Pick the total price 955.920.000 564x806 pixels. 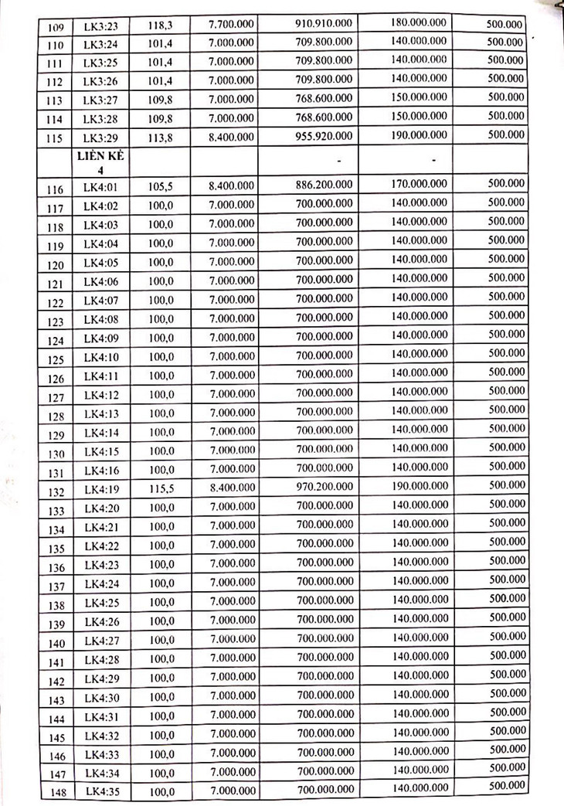tap(324, 135)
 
